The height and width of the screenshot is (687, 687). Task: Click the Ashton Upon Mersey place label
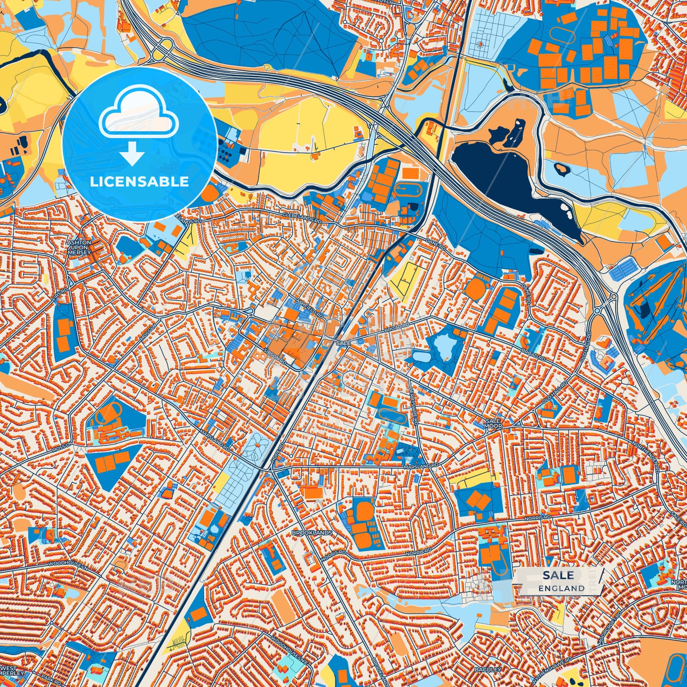tap(79, 247)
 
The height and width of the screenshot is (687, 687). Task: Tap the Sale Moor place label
tap(493, 424)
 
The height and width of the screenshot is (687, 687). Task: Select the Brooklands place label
tap(312, 533)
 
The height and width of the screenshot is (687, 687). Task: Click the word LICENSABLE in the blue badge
tap(139, 182)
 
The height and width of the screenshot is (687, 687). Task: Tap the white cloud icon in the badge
tap(138, 114)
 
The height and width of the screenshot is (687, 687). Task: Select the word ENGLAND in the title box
tap(561, 588)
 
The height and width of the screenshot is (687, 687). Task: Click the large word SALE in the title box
tap(558, 575)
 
